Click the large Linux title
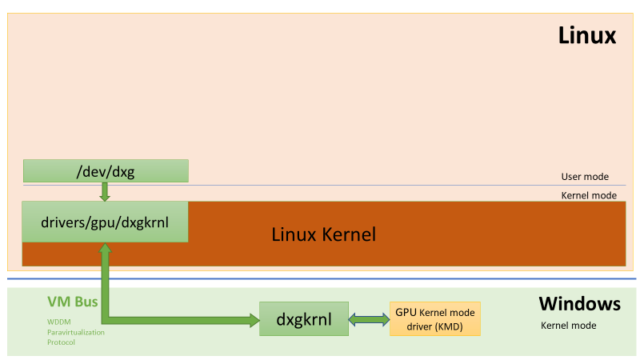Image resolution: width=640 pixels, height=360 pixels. click(x=587, y=37)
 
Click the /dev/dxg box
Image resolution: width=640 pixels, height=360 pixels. click(x=105, y=171)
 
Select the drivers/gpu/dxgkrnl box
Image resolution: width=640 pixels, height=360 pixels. click(x=105, y=221)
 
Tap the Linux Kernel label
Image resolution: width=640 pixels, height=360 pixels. click(x=323, y=236)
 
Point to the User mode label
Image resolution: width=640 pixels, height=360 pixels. click(x=585, y=176)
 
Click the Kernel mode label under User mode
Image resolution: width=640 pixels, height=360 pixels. click(x=588, y=195)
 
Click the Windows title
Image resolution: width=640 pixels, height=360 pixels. click(x=579, y=303)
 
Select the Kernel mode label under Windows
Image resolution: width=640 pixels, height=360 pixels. click(x=568, y=326)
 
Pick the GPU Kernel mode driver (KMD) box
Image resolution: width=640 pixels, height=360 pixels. click(x=434, y=319)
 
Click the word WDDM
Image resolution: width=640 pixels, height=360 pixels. click(x=59, y=320)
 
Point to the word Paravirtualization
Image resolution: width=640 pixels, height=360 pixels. click(x=75, y=331)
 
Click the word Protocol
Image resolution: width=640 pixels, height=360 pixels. click(x=61, y=342)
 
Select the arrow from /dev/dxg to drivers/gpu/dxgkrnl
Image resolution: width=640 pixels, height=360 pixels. click(x=105, y=192)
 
